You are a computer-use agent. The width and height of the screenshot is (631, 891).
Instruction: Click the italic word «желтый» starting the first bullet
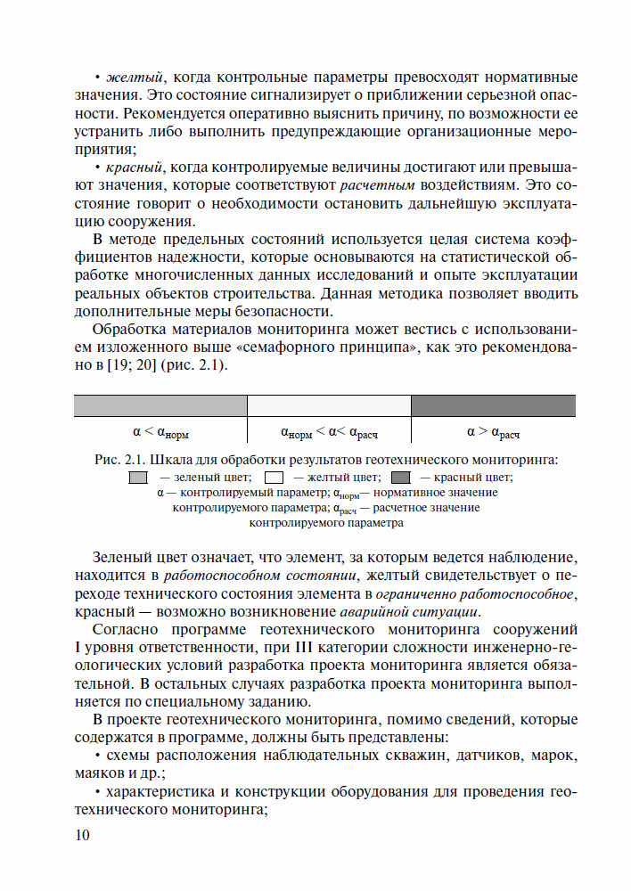coord(133,78)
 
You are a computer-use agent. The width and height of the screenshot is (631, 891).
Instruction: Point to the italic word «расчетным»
coord(373,185)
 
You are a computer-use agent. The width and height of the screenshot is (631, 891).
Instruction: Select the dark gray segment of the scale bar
coord(493,405)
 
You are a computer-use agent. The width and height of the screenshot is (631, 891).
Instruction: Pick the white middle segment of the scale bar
coord(329,405)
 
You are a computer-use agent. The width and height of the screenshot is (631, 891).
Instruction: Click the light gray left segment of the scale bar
coord(160,405)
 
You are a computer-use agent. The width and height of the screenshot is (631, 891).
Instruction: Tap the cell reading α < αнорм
coord(160,432)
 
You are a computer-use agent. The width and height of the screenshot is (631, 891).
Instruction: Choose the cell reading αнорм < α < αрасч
coord(329,432)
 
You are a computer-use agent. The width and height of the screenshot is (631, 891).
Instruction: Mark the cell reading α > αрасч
coord(493,432)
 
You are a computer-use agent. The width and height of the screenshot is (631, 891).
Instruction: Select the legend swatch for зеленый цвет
coord(138,477)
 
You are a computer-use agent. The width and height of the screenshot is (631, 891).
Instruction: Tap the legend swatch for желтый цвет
coord(274,477)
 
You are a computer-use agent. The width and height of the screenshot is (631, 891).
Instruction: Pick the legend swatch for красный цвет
coord(401,477)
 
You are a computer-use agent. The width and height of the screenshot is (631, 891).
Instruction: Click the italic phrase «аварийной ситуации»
coord(409,612)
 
